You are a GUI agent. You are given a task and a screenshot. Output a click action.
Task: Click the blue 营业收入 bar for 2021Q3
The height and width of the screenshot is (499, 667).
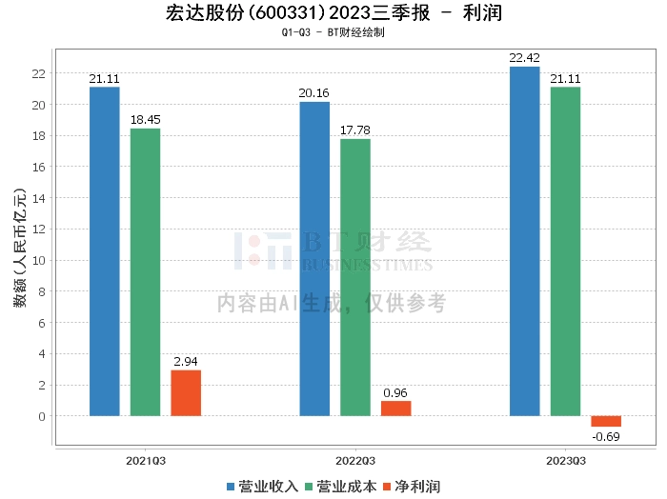tap(105, 251)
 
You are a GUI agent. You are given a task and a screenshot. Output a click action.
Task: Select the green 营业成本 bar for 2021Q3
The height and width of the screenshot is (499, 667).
tap(145, 272)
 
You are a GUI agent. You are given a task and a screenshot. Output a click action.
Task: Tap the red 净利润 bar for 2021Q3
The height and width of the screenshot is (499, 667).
tap(186, 393)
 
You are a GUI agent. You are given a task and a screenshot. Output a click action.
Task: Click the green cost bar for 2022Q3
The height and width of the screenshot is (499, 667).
tap(355, 277)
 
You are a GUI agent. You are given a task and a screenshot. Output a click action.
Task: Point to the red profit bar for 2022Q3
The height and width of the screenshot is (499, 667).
tap(395, 409)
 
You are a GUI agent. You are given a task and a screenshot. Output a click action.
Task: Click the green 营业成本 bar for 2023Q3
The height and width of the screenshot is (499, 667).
tap(565, 251)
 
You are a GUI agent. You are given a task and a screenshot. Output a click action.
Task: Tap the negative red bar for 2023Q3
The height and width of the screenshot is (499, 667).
tap(606, 421)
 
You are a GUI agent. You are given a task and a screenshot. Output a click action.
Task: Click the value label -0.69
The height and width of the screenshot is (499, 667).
tap(607, 437)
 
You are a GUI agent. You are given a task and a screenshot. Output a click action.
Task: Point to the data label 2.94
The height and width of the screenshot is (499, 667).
tap(186, 362)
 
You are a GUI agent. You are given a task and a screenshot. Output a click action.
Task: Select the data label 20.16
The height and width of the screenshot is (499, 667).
tap(314, 92)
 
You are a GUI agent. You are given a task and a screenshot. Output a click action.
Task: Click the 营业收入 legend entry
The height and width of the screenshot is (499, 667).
tap(262, 487)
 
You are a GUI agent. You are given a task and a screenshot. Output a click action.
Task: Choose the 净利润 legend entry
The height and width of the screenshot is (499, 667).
tap(412, 487)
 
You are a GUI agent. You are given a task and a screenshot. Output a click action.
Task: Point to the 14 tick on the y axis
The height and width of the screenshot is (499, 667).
tap(39, 198)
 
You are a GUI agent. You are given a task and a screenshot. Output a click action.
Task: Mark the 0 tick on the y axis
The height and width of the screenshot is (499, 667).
tap(42, 416)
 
